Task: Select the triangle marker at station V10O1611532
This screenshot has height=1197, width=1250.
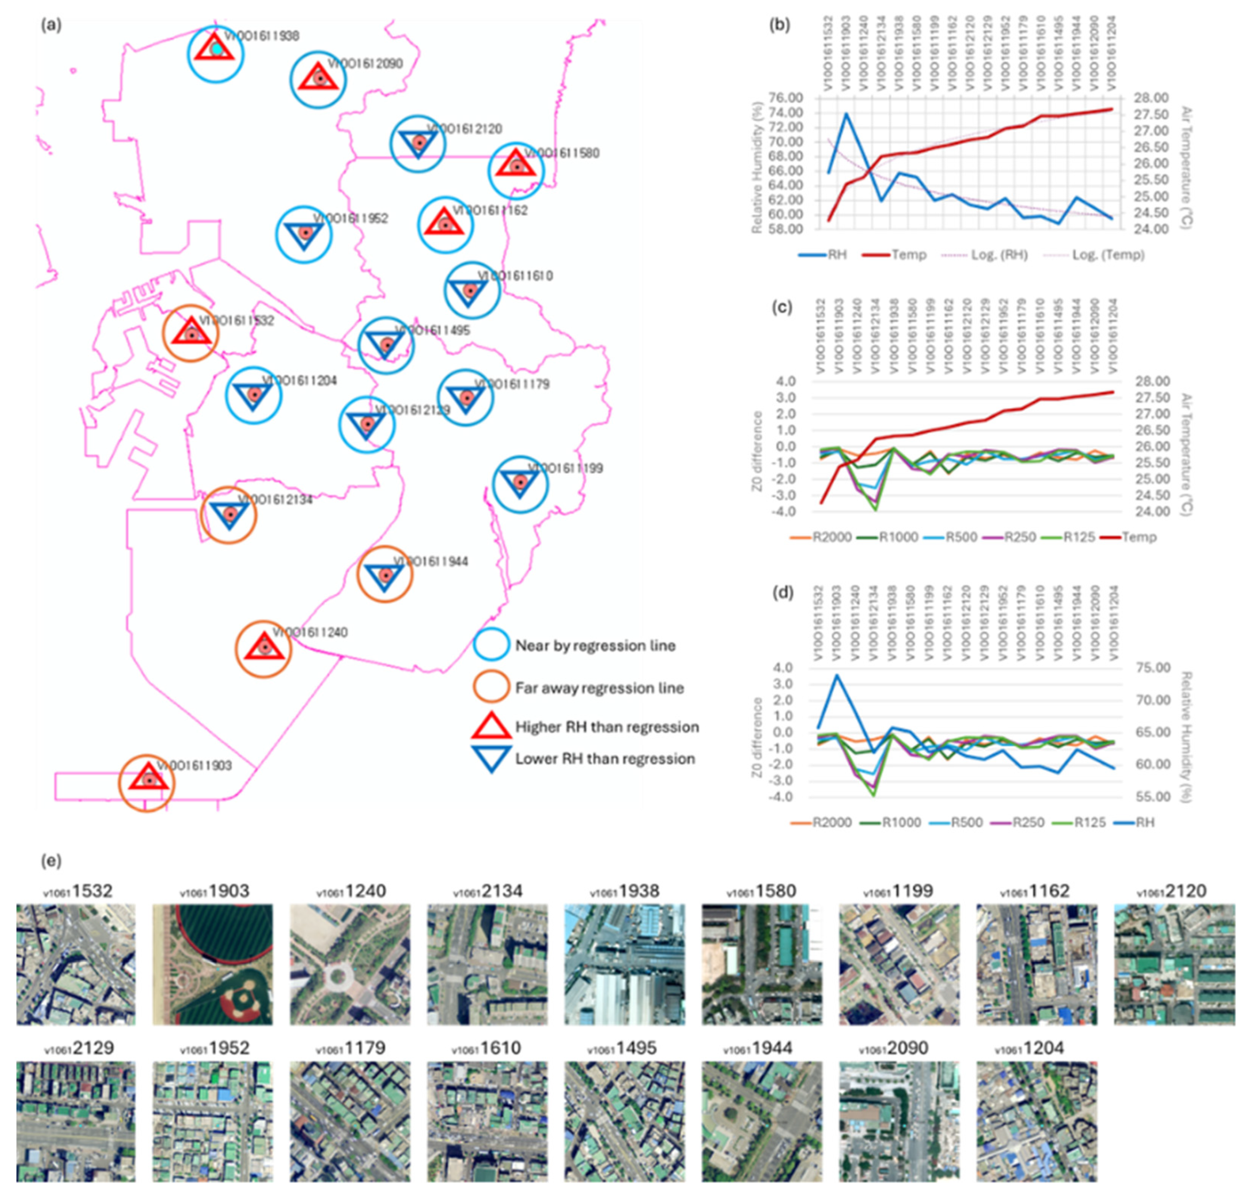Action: [x=191, y=333]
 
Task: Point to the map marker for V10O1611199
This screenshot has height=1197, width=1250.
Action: [x=520, y=483]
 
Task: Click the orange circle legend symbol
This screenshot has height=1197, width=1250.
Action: [x=492, y=687]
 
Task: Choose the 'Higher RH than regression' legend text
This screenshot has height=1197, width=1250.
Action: [x=607, y=727]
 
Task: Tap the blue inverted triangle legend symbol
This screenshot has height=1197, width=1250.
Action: [x=492, y=758]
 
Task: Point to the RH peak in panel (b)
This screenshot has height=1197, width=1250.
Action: [x=846, y=114]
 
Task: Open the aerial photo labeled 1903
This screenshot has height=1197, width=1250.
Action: [x=212, y=964]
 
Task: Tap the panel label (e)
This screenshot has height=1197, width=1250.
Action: [x=51, y=861]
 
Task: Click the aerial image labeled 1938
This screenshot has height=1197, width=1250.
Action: [x=624, y=964]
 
